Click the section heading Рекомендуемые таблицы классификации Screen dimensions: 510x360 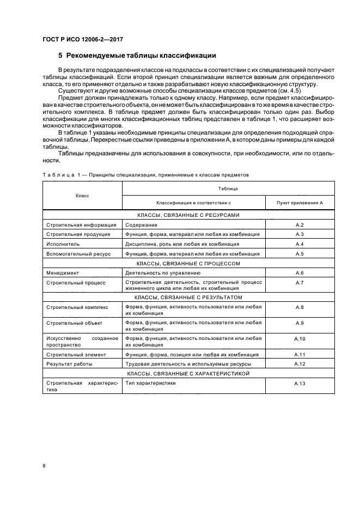(137, 55)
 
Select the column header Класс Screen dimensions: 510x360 (82, 195)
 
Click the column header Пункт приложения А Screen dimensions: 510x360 (299, 202)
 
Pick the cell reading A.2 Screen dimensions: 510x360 (299, 224)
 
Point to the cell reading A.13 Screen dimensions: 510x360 (299, 384)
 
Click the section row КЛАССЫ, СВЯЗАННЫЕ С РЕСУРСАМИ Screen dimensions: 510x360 (188, 215)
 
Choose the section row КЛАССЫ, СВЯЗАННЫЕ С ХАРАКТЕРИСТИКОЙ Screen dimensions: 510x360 (188, 374)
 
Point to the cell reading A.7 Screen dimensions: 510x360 (299, 282)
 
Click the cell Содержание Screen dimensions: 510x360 (141, 224)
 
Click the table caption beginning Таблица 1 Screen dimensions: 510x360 (145, 175)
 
